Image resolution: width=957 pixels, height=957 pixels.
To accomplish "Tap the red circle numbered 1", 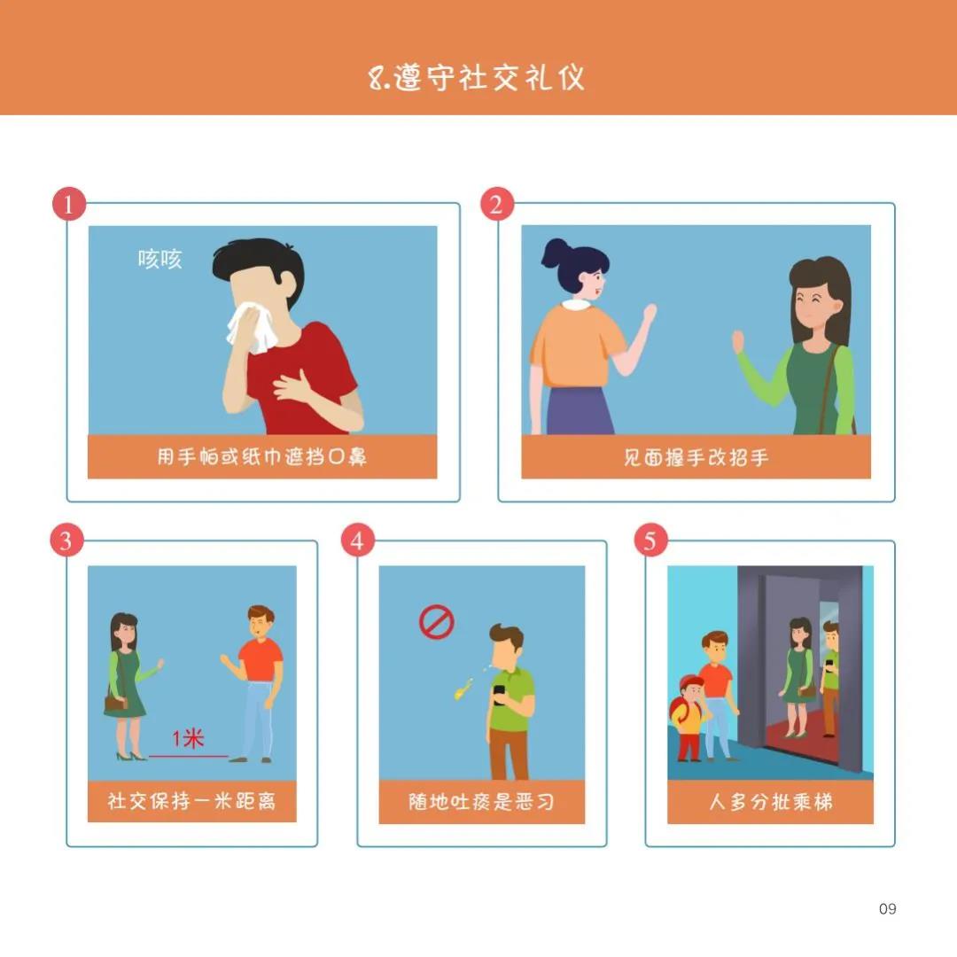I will point(69,205).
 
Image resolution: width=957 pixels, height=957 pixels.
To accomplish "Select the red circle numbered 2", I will point(496,205).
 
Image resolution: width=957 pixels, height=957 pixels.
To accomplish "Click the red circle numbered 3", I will point(66,541).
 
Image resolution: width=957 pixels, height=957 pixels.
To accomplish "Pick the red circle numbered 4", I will point(356,541).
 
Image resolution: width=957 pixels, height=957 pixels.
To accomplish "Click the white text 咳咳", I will point(159,259).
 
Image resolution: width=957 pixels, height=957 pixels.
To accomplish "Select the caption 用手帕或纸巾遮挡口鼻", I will point(261,457).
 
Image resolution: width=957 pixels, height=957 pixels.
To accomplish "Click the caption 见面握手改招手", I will point(696,457).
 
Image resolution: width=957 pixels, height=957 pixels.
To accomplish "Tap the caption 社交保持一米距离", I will point(191,801).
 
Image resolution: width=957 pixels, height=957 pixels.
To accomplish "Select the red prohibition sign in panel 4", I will point(436,623).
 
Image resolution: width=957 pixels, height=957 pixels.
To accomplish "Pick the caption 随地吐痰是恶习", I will point(481,801).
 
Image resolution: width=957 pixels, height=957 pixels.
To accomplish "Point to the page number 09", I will point(887,908).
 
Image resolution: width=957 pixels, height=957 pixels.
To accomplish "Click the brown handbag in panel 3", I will point(116,703).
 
